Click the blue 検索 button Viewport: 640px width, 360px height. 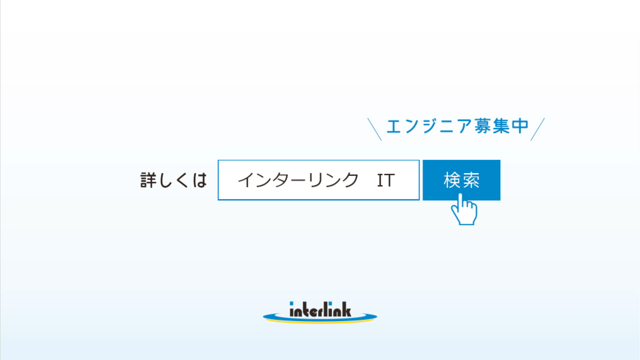[461, 180]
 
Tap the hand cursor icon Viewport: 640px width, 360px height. [464, 210]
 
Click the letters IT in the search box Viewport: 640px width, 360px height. [386, 180]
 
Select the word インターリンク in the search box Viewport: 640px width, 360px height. [298, 180]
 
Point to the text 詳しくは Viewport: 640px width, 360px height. [174, 180]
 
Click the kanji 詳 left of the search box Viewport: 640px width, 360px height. [148, 180]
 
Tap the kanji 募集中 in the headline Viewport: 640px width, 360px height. [502, 126]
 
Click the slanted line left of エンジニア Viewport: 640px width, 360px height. [374, 129]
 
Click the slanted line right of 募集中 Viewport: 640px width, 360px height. [537, 129]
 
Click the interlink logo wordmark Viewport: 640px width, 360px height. [320, 309]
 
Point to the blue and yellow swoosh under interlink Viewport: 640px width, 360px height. [320, 319]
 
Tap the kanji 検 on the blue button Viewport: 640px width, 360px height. [452, 180]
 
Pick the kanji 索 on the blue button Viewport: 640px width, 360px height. [471, 180]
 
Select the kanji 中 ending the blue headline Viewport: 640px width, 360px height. [520, 126]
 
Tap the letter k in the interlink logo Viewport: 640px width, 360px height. [346, 309]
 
